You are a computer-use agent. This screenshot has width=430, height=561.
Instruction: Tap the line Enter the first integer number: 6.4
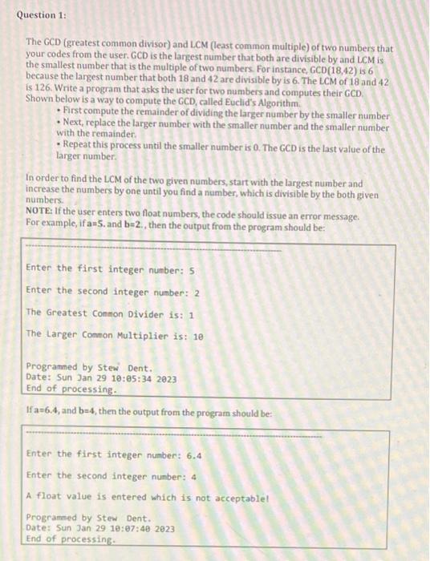(x=114, y=454)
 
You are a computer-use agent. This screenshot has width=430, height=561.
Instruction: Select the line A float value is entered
(x=147, y=496)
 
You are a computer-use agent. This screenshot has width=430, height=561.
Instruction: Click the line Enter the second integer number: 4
(x=112, y=475)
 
